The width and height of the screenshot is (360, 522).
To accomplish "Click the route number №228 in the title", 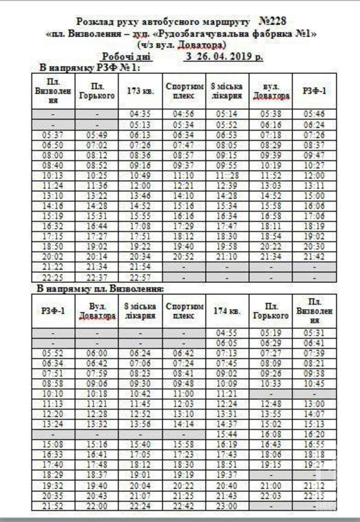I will click(x=272, y=21).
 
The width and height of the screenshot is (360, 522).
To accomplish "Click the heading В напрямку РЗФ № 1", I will click(x=90, y=67).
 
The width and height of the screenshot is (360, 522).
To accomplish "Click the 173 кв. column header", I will click(x=141, y=90).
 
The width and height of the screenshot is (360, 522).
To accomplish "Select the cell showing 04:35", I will click(x=141, y=114).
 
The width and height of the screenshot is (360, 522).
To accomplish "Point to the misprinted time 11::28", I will click(x=227, y=175).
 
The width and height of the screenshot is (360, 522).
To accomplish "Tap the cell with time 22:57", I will click(x=141, y=277).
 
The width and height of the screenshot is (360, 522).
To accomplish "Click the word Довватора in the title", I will click(x=202, y=45).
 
